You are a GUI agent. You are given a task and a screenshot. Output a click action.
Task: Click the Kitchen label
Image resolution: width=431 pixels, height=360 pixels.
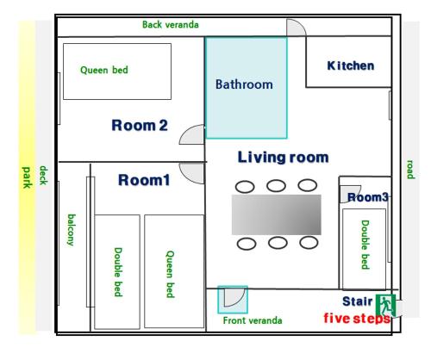(351, 65)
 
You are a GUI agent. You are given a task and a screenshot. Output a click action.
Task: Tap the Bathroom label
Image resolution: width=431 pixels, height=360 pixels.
(244, 84)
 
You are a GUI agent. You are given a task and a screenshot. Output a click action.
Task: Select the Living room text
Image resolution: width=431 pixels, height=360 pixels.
(284, 158)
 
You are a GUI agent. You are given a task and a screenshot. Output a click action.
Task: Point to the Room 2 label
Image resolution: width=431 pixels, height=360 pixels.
(140, 126)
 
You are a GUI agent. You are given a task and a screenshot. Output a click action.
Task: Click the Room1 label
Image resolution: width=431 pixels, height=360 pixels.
(144, 180)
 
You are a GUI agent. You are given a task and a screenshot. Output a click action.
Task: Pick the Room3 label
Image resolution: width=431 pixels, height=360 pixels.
(368, 197)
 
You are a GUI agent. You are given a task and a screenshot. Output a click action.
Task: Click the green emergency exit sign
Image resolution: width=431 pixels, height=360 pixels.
(385, 305)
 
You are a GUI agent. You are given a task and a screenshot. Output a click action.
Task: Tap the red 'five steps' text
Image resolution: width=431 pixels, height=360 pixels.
(357, 319)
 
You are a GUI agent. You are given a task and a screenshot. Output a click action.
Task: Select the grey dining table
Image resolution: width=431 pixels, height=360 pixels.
(277, 214)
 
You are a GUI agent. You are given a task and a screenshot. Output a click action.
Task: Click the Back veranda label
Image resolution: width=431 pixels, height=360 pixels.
(171, 25)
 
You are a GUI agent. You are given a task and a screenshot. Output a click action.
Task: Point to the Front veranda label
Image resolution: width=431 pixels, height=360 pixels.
(253, 320)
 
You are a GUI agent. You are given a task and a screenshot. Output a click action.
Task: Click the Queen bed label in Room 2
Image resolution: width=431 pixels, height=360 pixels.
(104, 70)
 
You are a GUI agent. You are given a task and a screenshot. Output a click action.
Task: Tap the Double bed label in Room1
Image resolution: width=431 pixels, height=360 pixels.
(118, 272)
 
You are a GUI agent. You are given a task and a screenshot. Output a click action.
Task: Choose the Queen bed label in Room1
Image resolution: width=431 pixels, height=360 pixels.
(170, 274)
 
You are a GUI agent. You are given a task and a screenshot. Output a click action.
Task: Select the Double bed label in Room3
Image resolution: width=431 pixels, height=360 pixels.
(365, 245)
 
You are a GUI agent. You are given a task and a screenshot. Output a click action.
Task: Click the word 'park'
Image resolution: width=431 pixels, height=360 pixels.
(27, 177)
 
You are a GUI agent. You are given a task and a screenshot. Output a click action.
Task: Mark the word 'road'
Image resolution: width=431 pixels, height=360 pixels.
(410, 170)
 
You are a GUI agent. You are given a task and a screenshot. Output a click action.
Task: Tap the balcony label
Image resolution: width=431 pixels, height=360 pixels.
(72, 230)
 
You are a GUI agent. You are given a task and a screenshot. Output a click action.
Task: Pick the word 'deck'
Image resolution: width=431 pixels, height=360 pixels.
(43, 175)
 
